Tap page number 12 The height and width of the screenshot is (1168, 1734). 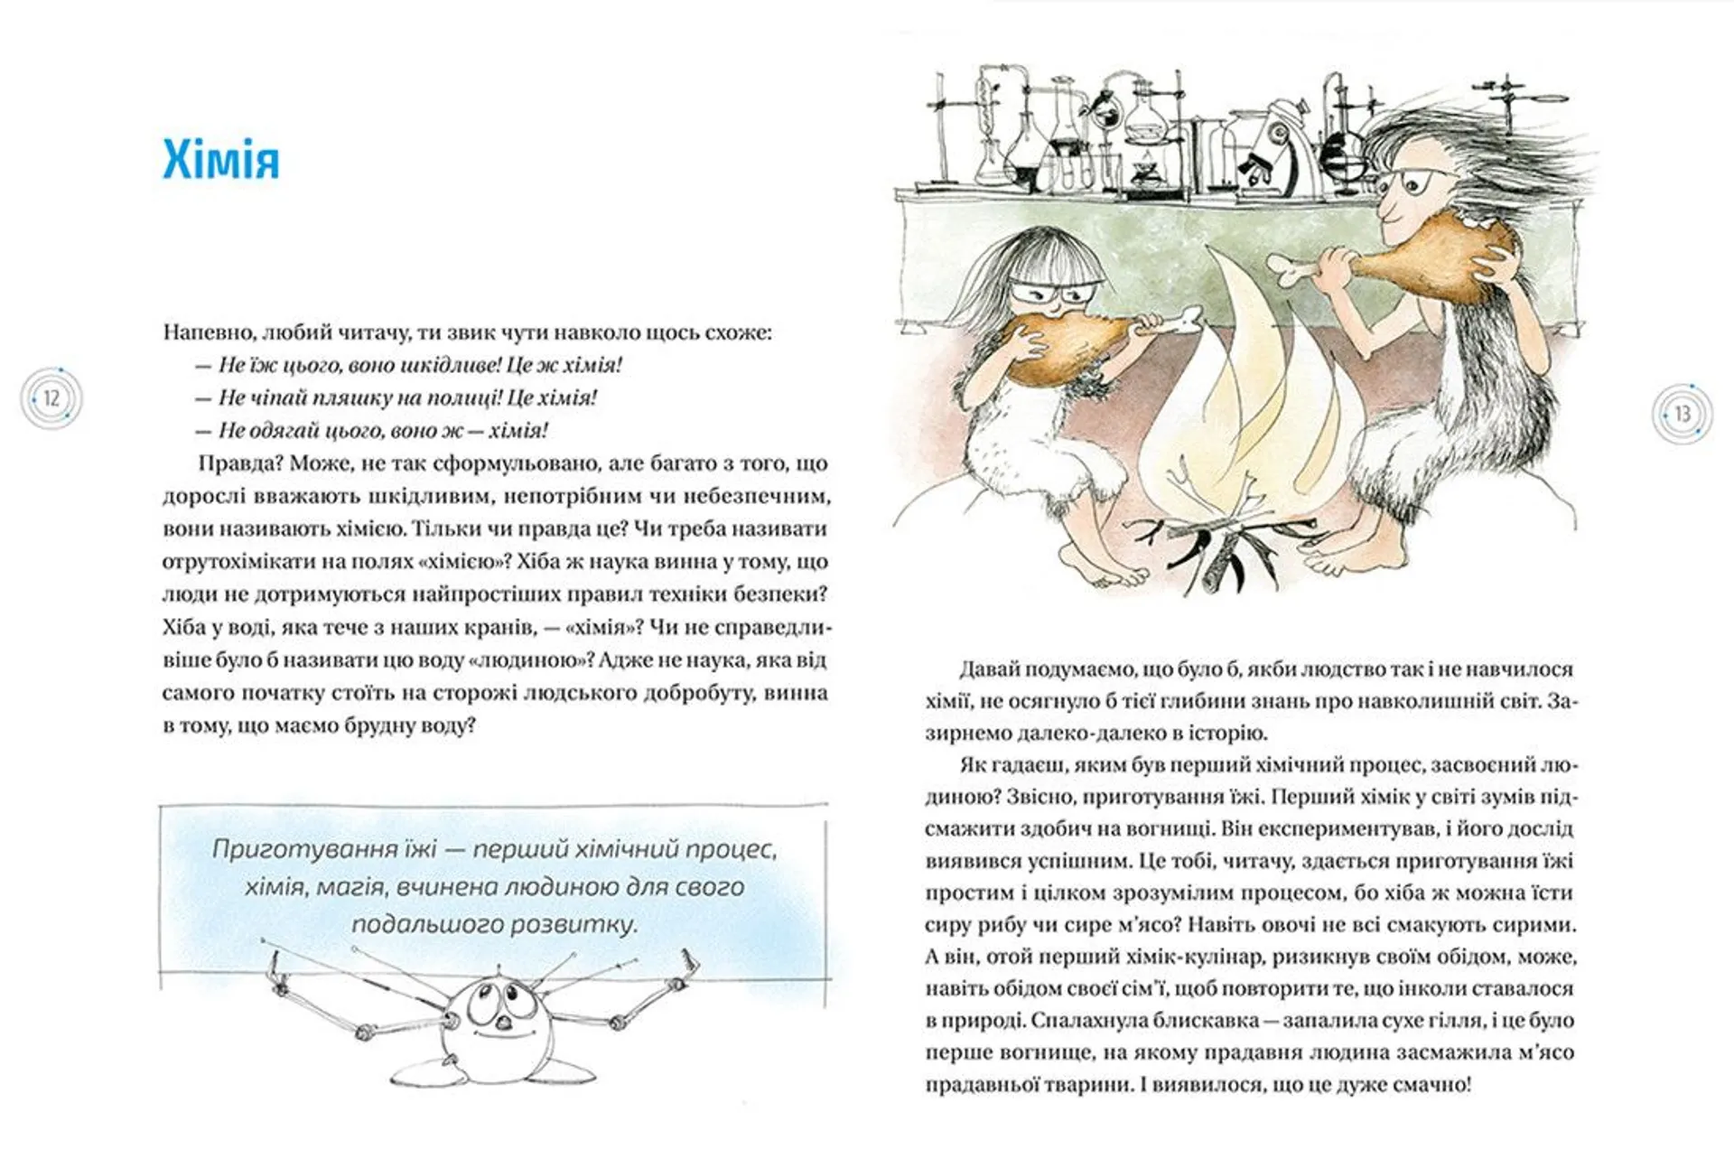point(51,398)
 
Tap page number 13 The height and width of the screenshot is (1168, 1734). point(1682,415)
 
